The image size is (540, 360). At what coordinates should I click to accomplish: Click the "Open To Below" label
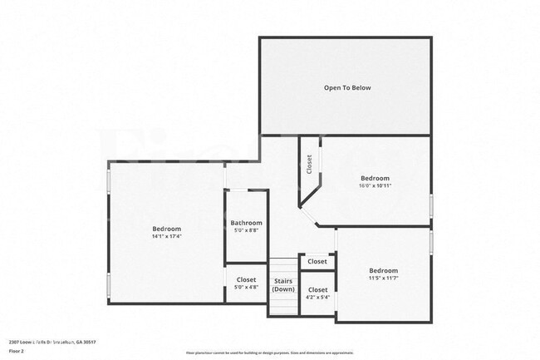[x=347, y=87]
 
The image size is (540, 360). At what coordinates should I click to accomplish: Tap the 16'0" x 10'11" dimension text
[x=375, y=186]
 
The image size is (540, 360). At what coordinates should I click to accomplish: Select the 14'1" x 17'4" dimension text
[x=166, y=237]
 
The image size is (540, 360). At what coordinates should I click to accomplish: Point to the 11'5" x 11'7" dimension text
[x=383, y=279]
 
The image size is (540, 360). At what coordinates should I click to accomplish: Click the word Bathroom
[x=246, y=223]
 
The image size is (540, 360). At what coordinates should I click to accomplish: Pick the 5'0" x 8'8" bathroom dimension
[x=246, y=230]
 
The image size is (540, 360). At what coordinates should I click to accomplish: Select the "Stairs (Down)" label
[x=283, y=285]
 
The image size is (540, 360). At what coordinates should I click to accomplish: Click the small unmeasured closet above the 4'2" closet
[x=317, y=261]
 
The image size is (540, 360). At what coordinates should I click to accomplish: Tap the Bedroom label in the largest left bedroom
[x=166, y=229]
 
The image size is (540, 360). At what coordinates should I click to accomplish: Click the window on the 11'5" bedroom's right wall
[x=431, y=241]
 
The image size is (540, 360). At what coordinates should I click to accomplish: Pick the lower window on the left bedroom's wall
[x=109, y=283]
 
